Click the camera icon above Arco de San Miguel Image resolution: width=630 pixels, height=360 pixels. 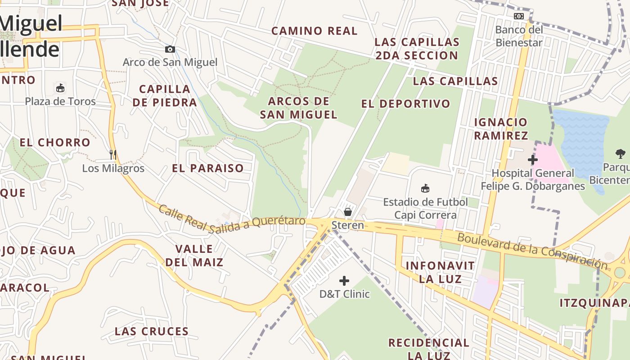(x=170, y=49)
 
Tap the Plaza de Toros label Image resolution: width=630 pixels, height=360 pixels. (x=60, y=101)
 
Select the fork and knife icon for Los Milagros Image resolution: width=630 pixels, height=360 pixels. (x=112, y=154)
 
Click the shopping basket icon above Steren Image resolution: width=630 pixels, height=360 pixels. (x=347, y=211)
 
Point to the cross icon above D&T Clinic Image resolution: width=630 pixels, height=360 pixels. (x=344, y=281)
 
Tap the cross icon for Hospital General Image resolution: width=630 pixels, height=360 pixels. (x=533, y=160)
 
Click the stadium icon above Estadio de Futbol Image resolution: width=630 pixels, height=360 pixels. (x=425, y=188)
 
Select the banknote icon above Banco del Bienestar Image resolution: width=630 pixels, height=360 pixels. (x=519, y=16)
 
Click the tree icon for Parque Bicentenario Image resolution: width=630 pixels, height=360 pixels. (x=621, y=154)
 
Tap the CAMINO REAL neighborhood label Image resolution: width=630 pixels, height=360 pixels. (x=314, y=31)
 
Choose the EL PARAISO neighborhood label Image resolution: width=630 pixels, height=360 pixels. (x=208, y=168)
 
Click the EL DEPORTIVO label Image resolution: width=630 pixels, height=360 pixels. (x=405, y=104)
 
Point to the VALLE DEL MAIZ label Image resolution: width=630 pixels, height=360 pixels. (x=194, y=255)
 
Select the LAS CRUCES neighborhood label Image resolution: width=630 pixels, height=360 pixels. (x=152, y=332)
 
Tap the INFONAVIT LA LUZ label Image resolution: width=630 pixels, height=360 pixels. (x=434, y=272)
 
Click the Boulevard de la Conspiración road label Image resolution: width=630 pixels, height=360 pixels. (x=532, y=251)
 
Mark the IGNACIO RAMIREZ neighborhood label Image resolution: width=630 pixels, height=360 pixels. (x=501, y=129)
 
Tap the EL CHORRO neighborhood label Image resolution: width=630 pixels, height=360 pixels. (x=55, y=143)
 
